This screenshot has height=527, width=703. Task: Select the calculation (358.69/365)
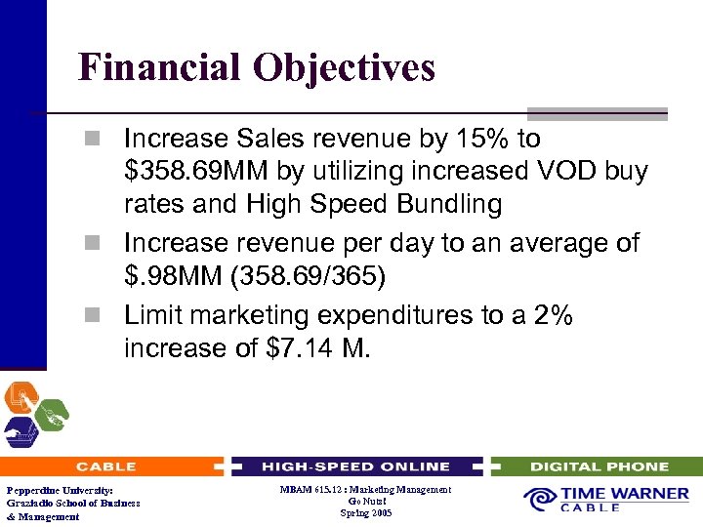308,277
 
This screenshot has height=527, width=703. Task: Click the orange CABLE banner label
105,466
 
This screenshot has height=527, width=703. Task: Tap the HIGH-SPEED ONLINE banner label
355,466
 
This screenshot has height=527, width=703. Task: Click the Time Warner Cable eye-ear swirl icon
539,499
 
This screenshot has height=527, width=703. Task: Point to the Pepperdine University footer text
59,490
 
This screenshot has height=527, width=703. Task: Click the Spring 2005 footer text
366,512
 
